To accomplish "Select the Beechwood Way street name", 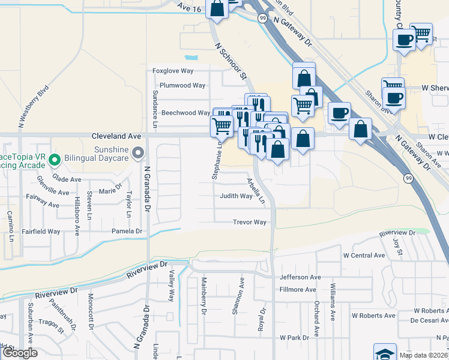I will click(x=187, y=113).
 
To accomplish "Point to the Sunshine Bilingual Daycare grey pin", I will click(x=139, y=154).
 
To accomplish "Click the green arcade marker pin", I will click(x=55, y=160).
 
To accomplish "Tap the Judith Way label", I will click(x=235, y=196).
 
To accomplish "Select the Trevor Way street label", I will click(x=250, y=223).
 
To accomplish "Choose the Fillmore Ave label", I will click(x=298, y=290).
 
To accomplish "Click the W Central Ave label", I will click(x=364, y=256).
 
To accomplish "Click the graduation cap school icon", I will click(x=384, y=353).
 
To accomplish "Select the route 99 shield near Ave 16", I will click(x=262, y=19).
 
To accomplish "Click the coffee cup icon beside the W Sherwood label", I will click(x=393, y=98).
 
